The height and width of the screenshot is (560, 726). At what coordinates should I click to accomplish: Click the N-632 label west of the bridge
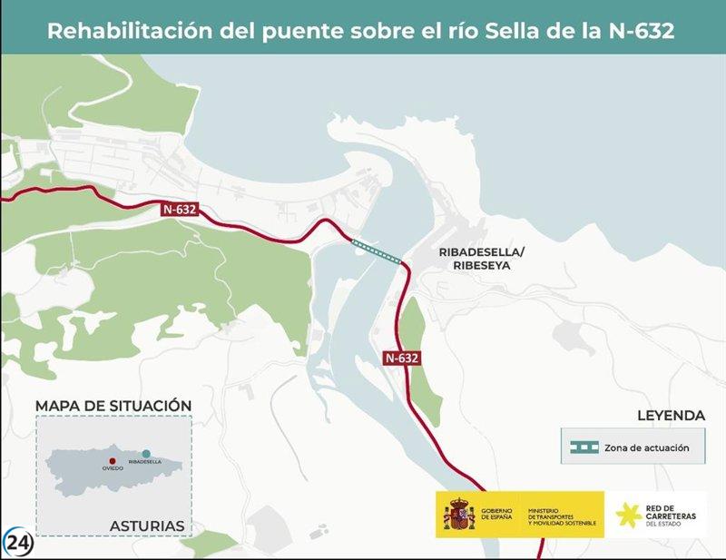180,209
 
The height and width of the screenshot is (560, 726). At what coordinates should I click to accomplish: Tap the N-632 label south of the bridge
401,358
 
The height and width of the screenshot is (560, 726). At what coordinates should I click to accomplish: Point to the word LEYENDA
671,416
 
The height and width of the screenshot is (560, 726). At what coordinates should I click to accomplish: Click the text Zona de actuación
647,447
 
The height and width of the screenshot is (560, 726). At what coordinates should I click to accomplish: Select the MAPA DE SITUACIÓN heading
113,405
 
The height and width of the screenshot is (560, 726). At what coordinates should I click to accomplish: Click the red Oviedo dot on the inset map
112,462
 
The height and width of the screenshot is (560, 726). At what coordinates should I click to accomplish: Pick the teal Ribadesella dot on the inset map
146,452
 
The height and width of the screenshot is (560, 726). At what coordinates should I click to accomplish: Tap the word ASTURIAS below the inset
147,526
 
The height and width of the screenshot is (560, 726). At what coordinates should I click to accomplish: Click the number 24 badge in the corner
18,542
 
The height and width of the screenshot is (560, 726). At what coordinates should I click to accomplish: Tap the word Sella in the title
512,30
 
